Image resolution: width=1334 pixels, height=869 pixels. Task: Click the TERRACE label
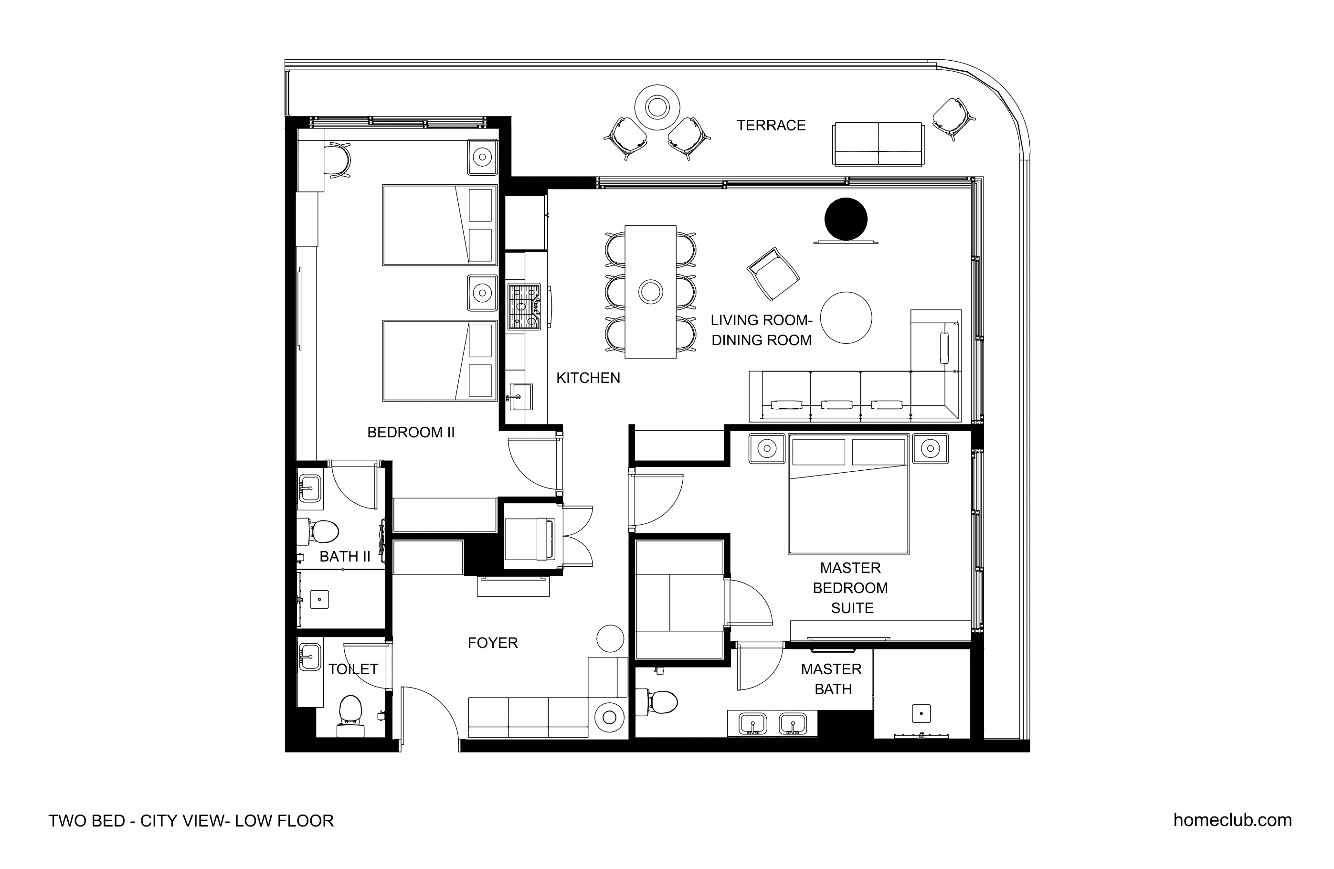(x=771, y=126)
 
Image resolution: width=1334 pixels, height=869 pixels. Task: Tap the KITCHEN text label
(x=588, y=378)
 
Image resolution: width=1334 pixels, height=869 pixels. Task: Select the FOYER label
(x=493, y=643)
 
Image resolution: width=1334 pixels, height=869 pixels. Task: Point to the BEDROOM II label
(x=411, y=432)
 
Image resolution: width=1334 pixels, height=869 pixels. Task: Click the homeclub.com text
(x=1233, y=820)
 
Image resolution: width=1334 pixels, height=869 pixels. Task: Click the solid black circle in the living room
(x=846, y=219)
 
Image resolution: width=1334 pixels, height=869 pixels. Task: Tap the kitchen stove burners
(x=525, y=307)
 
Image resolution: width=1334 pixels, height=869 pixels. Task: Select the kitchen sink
(x=519, y=397)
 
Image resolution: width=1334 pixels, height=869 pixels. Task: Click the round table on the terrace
(x=657, y=107)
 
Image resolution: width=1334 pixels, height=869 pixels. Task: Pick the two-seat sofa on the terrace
(x=878, y=144)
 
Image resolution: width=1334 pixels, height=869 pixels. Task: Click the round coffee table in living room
(x=846, y=318)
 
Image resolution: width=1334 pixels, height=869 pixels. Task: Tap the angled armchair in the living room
(x=773, y=274)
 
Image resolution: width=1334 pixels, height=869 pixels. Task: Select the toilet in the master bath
(x=658, y=701)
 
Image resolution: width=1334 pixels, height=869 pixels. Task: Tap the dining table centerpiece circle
(x=651, y=292)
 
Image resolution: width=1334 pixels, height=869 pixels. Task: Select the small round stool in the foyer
(x=610, y=638)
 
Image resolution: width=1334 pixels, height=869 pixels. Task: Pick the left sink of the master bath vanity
(x=753, y=724)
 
